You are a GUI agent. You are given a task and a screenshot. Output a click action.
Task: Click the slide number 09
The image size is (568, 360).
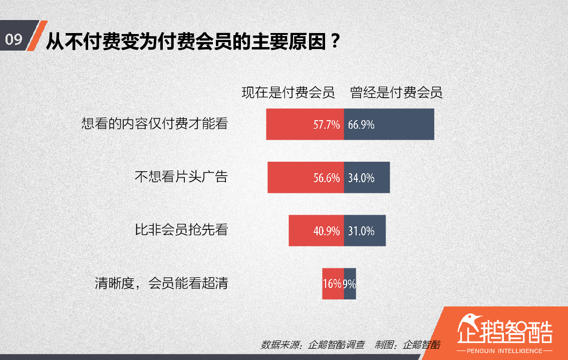14,39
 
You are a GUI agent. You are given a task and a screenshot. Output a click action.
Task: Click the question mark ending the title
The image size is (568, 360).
336,41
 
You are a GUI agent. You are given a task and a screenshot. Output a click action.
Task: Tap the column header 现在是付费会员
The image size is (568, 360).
288,93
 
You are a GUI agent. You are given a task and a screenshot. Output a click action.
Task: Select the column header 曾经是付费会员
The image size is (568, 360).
396,93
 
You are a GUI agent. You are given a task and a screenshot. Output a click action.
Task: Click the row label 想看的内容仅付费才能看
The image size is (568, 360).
155,124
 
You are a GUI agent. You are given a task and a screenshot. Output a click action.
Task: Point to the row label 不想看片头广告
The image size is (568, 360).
181,177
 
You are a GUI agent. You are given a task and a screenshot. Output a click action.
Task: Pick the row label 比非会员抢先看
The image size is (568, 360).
181,230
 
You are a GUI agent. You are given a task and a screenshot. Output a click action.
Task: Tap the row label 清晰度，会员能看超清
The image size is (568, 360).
161,283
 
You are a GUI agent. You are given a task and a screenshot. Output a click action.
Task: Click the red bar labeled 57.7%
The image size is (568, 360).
305,124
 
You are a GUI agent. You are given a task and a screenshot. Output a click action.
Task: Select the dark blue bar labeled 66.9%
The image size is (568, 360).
389,124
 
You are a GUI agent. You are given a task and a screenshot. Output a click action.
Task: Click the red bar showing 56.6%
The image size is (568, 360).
306,177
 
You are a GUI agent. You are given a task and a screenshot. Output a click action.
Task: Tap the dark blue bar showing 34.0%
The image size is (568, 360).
367,177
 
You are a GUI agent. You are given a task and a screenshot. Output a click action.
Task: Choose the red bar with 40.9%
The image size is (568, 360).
316,231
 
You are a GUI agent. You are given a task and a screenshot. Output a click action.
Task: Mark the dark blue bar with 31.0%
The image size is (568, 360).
365,231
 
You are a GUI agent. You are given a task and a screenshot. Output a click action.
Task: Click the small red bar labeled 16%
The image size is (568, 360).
333,283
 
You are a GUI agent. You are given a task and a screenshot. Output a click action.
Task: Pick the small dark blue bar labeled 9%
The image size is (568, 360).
350,283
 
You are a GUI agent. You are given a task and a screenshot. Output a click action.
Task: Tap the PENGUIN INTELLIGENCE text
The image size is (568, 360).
504,351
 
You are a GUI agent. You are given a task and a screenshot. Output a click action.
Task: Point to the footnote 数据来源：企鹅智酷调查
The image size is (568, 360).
313,345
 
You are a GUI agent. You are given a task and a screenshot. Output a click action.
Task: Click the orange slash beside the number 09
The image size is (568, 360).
38,36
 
